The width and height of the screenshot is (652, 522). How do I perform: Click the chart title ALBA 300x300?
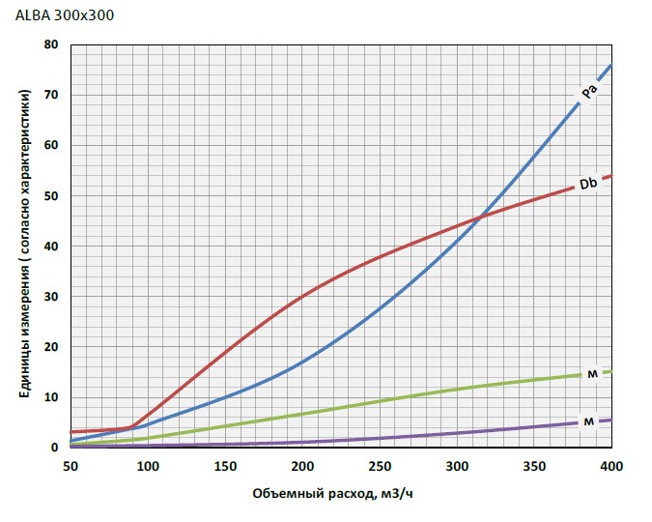58,16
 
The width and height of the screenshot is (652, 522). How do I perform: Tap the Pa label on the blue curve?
588,92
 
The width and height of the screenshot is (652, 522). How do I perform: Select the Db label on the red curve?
587,183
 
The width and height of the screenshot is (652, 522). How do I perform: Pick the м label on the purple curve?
587,421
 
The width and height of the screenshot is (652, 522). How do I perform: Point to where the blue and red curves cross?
479,216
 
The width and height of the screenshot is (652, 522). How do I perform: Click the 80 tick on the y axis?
51,44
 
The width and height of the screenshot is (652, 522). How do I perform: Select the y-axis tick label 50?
51,195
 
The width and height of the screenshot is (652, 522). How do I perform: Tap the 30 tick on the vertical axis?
51,296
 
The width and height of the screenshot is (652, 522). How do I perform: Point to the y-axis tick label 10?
51,396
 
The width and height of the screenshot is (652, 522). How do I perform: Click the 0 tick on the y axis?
55,447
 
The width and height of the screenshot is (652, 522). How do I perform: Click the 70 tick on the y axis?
51,95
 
